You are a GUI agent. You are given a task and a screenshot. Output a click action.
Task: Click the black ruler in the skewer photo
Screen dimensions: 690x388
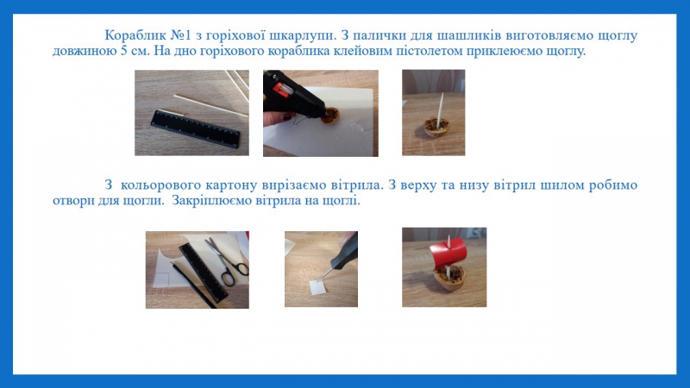point(195,128)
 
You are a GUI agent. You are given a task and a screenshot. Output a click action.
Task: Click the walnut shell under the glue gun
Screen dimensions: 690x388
point(330,116)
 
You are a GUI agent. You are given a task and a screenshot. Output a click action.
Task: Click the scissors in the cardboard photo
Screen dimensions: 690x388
point(228,262)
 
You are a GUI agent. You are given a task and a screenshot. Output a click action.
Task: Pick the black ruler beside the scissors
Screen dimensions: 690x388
point(204,272)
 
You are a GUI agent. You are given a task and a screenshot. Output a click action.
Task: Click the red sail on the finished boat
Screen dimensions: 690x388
point(448,253)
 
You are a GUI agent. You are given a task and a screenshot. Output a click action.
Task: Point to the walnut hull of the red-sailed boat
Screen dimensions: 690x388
point(449,279)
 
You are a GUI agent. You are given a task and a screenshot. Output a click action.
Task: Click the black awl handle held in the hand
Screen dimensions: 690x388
point(348,253)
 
